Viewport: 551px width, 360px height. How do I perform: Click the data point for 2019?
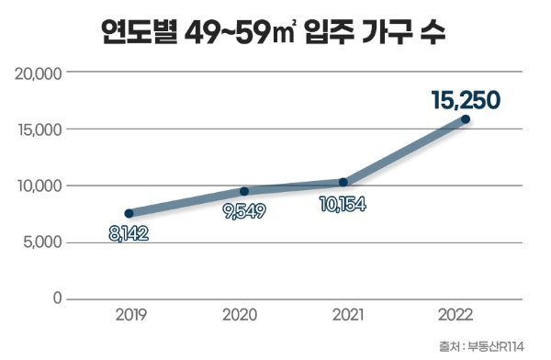click(x=129, y=213)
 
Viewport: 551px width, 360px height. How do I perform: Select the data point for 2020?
click(x=244, y=191)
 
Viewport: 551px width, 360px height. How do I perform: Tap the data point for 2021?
click(x=343, y=182)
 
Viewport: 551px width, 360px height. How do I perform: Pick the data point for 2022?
click(x=466, y=119)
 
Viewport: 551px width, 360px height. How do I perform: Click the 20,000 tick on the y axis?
click(x=39, y=73)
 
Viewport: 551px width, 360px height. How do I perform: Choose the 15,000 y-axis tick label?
click(x=39, y=129)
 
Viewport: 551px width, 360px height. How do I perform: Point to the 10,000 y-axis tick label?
click(x=39, y=186)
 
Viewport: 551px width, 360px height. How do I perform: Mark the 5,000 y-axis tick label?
click(x=42, y=242)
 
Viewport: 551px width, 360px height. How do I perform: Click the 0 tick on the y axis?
click(x=57, y=298)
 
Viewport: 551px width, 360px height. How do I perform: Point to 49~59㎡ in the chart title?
click(x=242, y=34)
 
